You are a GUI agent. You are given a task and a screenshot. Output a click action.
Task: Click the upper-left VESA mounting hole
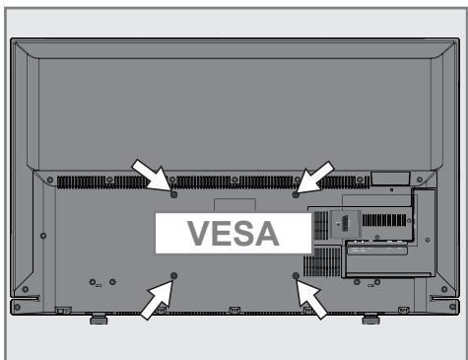point(172,194)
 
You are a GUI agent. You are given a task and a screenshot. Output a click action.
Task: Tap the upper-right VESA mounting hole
point(296,194)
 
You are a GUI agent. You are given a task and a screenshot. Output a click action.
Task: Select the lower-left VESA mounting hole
point(173,275)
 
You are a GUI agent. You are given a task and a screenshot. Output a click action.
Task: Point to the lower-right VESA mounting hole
point(296,275)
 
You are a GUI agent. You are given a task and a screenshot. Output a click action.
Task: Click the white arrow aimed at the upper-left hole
point(152,176)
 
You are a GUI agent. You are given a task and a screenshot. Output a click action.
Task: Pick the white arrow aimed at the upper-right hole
point(316,176)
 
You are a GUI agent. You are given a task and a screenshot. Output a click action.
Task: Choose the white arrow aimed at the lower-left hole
point(154,297)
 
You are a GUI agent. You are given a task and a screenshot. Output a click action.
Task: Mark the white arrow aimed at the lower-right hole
point(315,297)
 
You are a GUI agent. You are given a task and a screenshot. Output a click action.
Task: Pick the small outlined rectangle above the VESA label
point(234,204)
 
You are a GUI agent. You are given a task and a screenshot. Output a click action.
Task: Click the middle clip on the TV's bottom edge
point(234,312)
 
